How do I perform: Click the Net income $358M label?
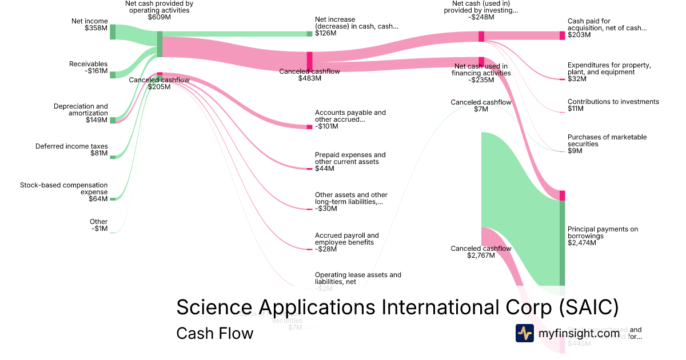pyautogui.click(x=89, y=25)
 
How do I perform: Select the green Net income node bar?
pyautogui.click(x=113, y=32)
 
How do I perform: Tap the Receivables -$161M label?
pyautogui.click(x=88, y=67)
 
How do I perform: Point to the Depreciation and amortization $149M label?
pyautogui.click(x=81, y=113)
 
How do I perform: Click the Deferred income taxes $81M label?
pyautogui.click(x=71, y=150)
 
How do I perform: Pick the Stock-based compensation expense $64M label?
pyautogui.click(x=63, y=192)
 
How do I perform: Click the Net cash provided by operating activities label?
pyautogui.click(x=159, y=10)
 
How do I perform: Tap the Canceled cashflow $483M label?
pyautogui.click(x=309, y=75)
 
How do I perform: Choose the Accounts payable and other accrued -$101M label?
pyautogui.click(x=350, y=119)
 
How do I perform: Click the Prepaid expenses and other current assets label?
pyautogui.click(x=350, y=162)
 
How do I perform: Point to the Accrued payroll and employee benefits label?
pyautogui.click(x=346, y=242)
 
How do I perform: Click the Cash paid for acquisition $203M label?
pyautogui.click(x=607, y=28)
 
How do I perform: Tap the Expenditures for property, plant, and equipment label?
pyautogui.click(x=609, y=72)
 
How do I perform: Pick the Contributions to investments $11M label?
pyautogui.click(x=613, y=105)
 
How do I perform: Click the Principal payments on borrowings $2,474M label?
pyautogui.click(x=603, y=236)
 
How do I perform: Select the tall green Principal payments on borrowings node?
pyautogui.click(x=562, y=243)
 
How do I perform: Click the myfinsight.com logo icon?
pyautogui.click(x=524, y=333)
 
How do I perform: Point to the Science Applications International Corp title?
pyautogui.click(x=397, y=307)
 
